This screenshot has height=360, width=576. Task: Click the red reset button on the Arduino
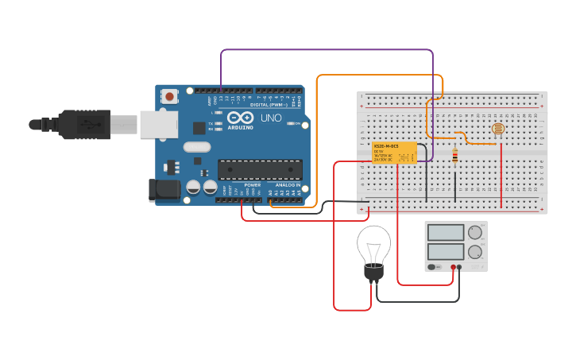[169, 96]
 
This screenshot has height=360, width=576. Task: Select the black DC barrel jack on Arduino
[164, 189]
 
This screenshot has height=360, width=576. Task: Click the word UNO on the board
[271, 118]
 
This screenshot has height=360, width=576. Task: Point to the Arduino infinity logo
[240, 118]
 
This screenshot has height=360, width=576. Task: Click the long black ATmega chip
[260, 169]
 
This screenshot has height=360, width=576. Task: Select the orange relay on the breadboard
[394, 153]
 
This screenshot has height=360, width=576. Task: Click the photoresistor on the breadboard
[497, 129]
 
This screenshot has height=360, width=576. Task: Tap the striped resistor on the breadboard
[454, 157]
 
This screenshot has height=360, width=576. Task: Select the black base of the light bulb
[373, 273]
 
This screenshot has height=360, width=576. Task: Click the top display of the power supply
[446, 233]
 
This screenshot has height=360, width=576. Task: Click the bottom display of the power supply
[446, 251]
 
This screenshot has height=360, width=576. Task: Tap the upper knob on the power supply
[475, 233]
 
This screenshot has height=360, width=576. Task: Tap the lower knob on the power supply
[475, 252]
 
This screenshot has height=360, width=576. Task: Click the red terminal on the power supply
[453, 268]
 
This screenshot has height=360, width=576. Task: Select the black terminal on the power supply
[459, 268]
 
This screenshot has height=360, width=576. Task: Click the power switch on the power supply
[433, 267]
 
